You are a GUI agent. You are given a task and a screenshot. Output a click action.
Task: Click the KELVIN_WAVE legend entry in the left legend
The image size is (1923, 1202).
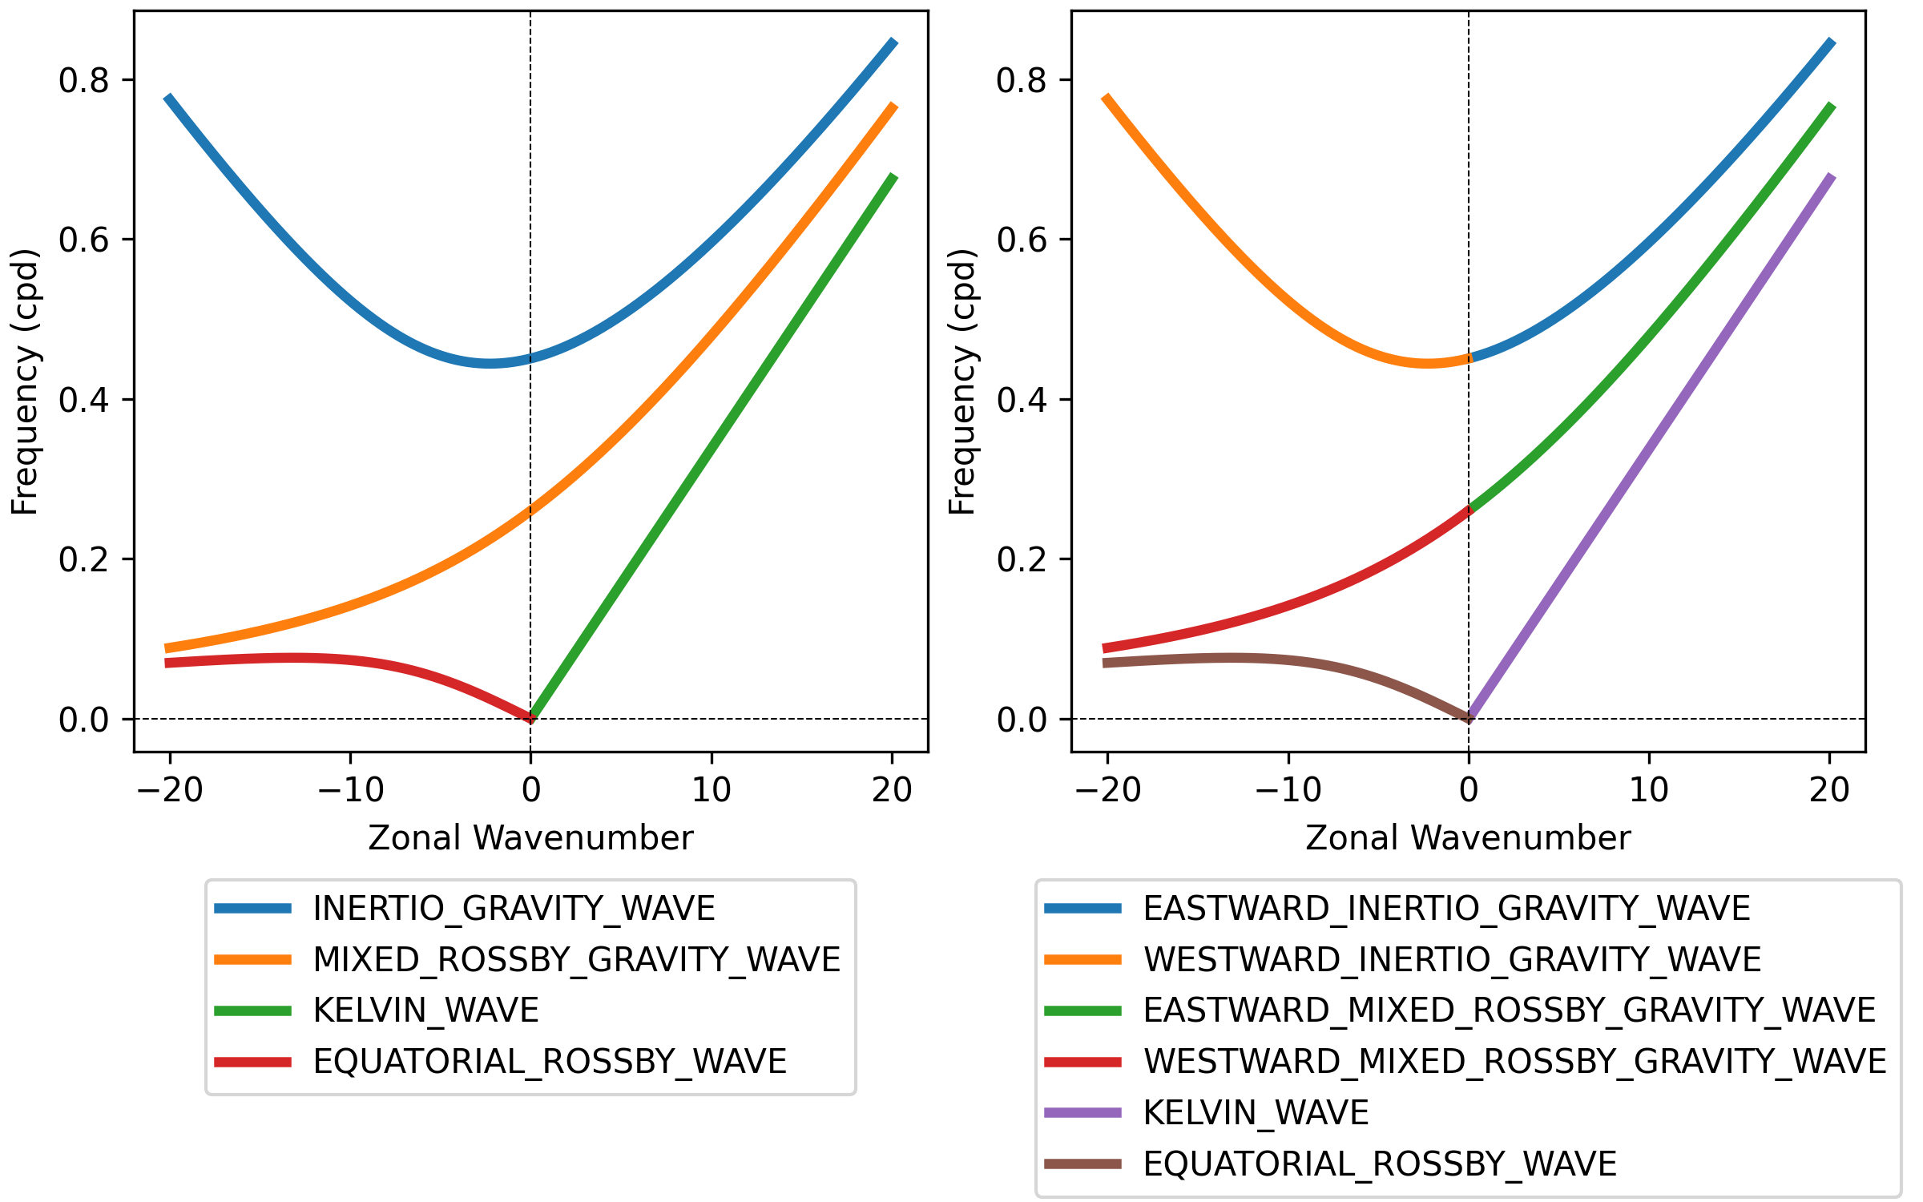(x=377, y=1010)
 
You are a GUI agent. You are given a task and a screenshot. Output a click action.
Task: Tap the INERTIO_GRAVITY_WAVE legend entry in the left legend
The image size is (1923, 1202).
(x=465, y=908)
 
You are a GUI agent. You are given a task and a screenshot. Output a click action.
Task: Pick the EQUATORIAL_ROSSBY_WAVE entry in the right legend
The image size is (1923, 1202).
(x=1331, y=1164)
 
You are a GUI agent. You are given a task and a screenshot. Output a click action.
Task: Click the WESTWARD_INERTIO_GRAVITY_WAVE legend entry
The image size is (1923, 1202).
(x=1403, y=959)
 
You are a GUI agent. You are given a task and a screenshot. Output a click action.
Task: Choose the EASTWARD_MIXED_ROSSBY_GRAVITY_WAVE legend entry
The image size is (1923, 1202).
(x=1460, y=1010)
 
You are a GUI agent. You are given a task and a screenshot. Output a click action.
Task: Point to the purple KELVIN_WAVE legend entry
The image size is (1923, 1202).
(x=1207, y=1112)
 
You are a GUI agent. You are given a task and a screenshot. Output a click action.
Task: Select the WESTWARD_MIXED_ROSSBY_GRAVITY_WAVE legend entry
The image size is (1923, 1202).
(x=1465, y=1062)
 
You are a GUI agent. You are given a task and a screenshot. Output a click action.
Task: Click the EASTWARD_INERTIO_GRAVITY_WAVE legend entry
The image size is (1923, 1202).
(x=1397, y=908)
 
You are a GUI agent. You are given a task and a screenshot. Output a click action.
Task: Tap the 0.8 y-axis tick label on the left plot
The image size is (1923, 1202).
(x=84, y=80)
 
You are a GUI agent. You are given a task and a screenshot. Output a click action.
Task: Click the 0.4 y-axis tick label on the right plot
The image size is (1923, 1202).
(x=1022, y=399)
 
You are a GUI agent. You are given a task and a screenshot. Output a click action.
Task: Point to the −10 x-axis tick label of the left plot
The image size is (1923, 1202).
(x=351, y=790)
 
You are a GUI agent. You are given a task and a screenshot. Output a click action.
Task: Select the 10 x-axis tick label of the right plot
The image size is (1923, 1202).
(x=1649, y=790)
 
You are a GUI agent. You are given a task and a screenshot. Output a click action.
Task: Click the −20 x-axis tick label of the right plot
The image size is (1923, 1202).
(x=1108, y=790)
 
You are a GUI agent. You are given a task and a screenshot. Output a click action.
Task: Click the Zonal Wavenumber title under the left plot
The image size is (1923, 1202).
(x=530, y=838)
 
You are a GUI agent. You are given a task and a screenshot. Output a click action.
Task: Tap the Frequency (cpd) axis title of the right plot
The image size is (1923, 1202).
(x=962, y=381)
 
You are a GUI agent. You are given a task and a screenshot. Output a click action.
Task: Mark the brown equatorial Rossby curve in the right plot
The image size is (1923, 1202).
(x=1282, y=659)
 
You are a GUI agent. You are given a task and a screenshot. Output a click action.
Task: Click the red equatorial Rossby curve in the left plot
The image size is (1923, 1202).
(x=345, y=659)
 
